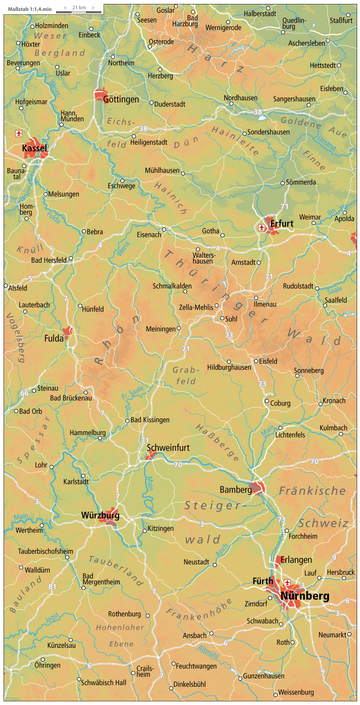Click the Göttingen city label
[121, 100]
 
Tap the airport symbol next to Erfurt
[262, 227]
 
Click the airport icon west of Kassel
[19, 134]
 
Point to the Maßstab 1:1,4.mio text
[30, 9]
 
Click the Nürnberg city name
[305, 596]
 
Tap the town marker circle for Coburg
[267, 401]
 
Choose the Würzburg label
[100, 515]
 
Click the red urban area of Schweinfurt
[150, 456]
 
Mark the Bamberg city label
[236, 490]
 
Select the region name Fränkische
[312, 491]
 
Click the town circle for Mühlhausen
[183, 173]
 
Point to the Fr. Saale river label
[132, 392]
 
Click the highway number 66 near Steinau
[24, 393]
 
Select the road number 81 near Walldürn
[53, 587]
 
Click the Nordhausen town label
[240, 98]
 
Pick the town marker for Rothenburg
[148, 616]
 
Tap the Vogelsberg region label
[15, 337]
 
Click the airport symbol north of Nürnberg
[287, 582]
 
